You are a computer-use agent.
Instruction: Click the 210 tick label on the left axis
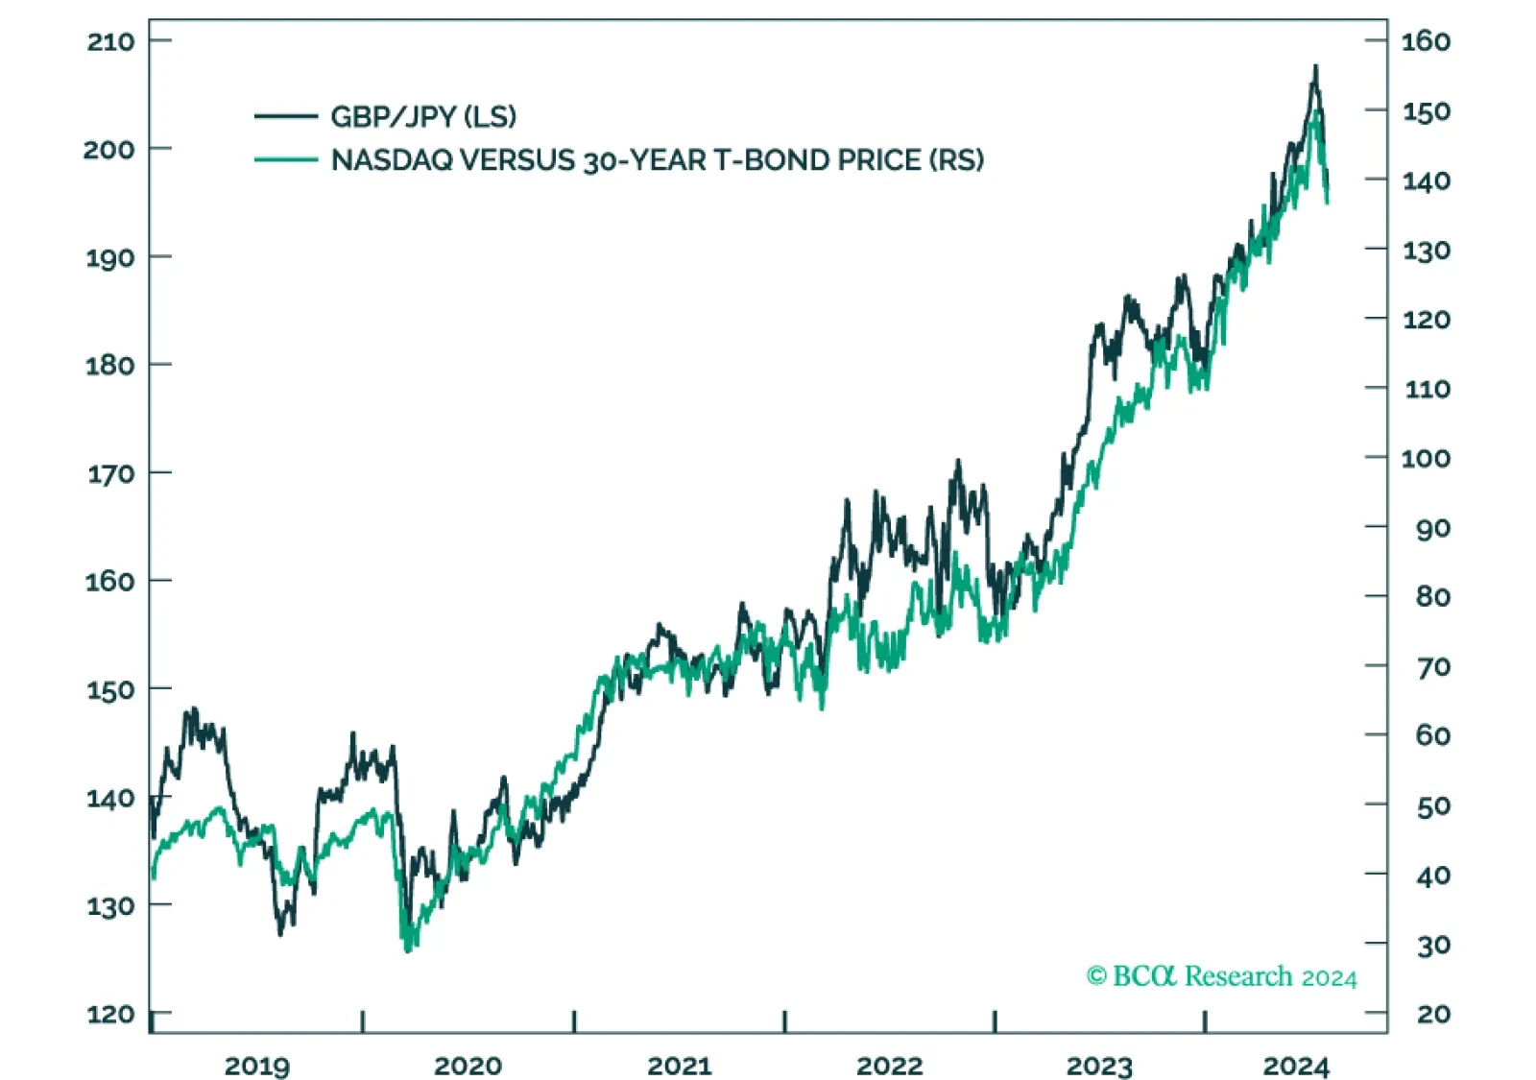point(110,42)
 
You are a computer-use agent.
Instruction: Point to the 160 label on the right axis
point(1426,42)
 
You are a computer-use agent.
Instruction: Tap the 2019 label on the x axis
point(257,1066)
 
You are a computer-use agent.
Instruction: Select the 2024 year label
point(1296,1066)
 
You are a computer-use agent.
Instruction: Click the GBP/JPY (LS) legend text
point(423,116)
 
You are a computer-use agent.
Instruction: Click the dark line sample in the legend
point(286,116)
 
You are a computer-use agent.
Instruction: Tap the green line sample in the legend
point(286,159)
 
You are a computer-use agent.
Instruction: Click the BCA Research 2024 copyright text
point(1222,975)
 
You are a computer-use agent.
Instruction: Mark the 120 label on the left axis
point(110,1014)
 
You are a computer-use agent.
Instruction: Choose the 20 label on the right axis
point(1434,1014)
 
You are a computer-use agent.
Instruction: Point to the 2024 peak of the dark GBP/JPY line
point(1315,66)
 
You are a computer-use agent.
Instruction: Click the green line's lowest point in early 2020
point(408,950)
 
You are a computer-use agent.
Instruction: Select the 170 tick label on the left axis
point(110,474)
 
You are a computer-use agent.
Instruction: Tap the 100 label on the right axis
point(1426,458)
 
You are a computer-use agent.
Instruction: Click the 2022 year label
point(889,1066)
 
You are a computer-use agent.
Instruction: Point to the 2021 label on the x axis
point(680,1066)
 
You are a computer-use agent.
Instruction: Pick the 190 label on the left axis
point(110,258)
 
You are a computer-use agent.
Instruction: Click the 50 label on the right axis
point(1434,805)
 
